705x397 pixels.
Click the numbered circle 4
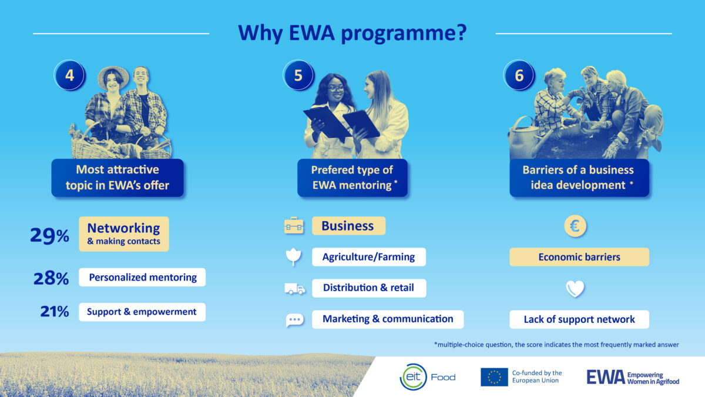[x=69, y=76]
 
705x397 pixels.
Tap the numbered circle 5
[x=298, y=76]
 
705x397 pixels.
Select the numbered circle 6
[x=519, y=76]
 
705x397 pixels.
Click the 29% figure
[x=49, y=235]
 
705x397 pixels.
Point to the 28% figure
[x=51, y=278]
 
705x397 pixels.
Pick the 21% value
[x=55, y=312]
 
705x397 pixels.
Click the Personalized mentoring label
[x=142, y=278]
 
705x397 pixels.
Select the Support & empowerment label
[x=142, y=312]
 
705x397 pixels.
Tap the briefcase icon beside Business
[x=294, y=226]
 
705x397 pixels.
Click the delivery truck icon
[x=294, y=288]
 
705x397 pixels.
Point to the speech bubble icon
[x=294, y=320]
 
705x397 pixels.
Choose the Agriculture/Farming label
[x=368, y=257]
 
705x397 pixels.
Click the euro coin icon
[x=576, y=226]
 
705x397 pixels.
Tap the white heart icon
[x=575, y=289]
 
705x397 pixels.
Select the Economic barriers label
[x=579, y=257]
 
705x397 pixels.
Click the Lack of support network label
[x=579, y=319]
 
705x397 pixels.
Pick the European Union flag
[x=494, y=377]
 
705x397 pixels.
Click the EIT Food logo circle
[x=413, y=377]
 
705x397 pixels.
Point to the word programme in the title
[x=405, y=34]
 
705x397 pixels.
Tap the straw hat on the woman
[x=113, y=74]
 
